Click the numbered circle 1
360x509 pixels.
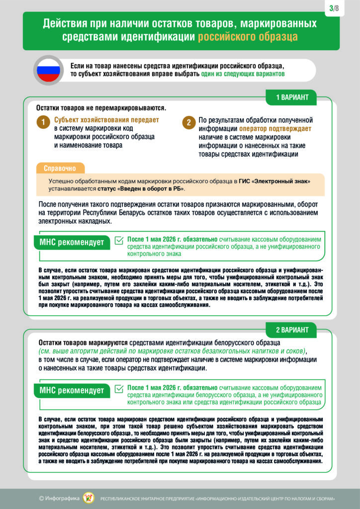coord(43,123)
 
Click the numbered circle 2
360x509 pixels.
coord(188,123)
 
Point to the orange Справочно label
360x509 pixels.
coord(60,168)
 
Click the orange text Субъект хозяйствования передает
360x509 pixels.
coord(106,120)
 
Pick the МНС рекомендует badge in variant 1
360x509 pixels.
coord(72,243)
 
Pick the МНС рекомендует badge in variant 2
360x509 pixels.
coord(72,390)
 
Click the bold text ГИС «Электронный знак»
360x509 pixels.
coord(279,181)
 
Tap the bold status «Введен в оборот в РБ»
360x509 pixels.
coord(151,189)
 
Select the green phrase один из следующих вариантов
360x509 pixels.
coord(243,74)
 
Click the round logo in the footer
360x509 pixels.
coord(88,498)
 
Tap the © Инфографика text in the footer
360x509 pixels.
coord(58,498)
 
